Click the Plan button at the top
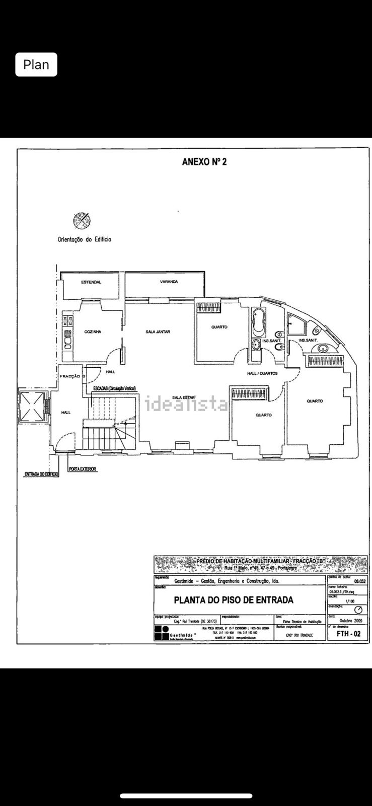pos(36,64)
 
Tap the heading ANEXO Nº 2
pos(204,162)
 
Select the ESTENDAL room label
pos(91,282)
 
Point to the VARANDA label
pos(169,282)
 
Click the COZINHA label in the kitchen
pos(93,331)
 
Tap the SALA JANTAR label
pos(158,332)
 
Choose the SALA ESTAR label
pos(183,397)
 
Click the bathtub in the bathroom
pos(259,322)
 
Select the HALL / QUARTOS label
pos(262,373)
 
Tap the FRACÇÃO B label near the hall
pos(72,376)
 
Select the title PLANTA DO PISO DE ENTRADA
pos(234,600)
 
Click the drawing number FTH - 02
pos(348,634)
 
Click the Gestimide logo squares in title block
pos(162,633)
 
